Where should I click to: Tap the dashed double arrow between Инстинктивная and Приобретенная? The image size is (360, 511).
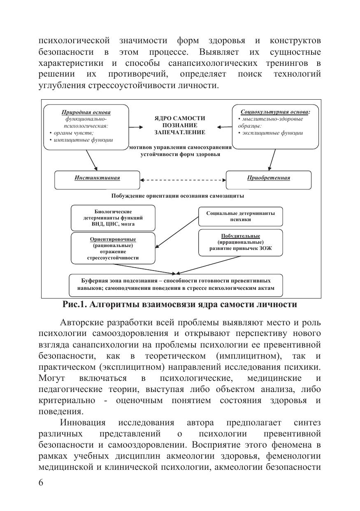[183, 180]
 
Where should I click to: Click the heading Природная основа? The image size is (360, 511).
[86, 112]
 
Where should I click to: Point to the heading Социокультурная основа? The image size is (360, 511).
[275, 111]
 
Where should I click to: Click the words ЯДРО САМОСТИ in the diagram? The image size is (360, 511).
[179, 118]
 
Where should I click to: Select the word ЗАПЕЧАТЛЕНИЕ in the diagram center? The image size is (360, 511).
[179, 132]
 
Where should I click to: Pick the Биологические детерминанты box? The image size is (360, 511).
[113, 218]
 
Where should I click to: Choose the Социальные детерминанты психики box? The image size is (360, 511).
[240, 216]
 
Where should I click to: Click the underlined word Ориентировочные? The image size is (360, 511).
[113, 239]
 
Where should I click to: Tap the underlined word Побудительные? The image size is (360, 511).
[240, 236]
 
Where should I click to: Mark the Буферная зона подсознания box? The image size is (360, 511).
[176, 285]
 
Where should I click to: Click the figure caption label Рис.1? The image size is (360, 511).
[74, 305]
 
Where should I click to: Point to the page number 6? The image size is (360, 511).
[41, 483]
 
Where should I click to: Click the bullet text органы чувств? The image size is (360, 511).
[72, 133]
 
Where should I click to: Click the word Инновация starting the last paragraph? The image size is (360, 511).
[83, 423]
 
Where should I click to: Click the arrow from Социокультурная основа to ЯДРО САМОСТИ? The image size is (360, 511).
[224, 127]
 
